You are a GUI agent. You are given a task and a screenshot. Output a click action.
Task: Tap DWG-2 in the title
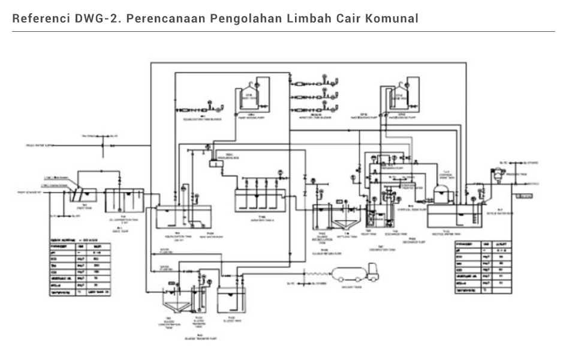(98, 18)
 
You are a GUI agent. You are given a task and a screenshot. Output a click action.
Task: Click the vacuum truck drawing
(356, 274)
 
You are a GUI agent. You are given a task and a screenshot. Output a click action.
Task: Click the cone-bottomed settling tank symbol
(347, 222)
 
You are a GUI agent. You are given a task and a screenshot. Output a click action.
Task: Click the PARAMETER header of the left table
(61, 245)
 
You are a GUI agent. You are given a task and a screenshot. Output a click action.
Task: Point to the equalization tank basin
(183, 218)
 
